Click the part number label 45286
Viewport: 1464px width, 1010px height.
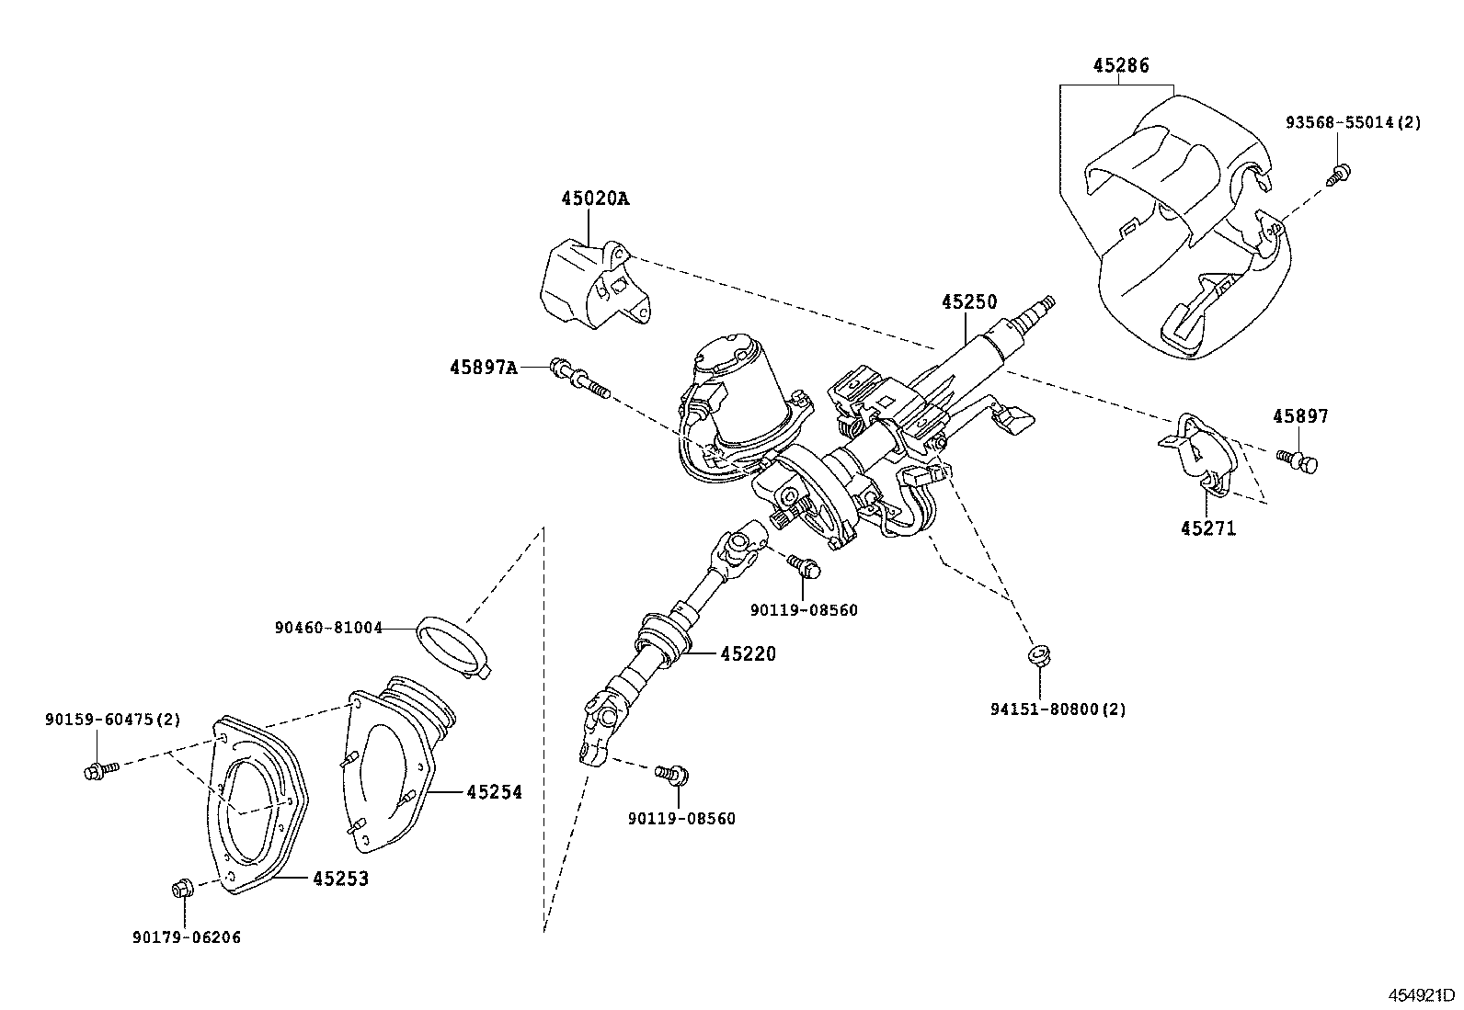pos(1121,65)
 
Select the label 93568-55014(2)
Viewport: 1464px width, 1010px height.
pos(1354,122)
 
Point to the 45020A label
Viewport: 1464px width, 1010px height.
pos(595,198)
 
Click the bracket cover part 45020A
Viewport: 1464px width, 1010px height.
pos(595,286)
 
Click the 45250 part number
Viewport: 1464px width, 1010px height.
pos(969,301)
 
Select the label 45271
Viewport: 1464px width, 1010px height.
pos(1208,528)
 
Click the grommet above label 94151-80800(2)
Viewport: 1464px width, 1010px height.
pos(1038,655)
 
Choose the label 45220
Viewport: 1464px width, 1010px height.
pos(749,654)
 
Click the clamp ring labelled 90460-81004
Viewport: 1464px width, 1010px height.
pos(454,647)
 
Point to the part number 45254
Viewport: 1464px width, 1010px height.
pos(494,792)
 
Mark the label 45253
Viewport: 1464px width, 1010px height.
pos(340,879)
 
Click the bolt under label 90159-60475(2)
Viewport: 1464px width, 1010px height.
pos(101,770)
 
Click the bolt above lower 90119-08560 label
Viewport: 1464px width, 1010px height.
pos(672,774)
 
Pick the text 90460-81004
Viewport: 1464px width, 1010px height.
pos(328,628)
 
